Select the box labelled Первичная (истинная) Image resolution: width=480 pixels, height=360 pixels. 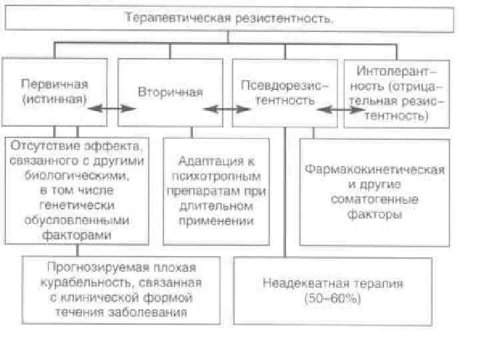[54, 91]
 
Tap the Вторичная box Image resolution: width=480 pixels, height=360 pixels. [170, 91]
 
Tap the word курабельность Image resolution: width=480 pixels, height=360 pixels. [86, 282]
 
